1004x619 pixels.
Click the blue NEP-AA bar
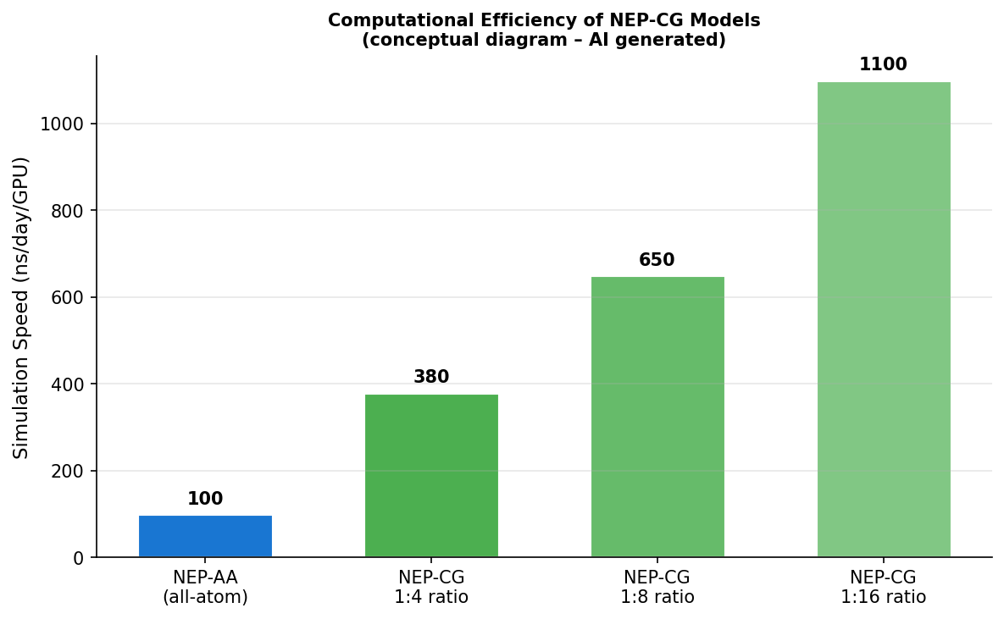205,536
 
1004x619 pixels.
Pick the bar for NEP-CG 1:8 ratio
657,417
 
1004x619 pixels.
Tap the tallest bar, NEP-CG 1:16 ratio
884,319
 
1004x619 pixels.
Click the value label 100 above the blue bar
205,500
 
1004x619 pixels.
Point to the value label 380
431,378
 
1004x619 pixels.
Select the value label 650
657,261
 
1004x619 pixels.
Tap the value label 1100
883,65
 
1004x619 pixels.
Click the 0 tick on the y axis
79,558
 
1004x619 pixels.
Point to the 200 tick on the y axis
68,472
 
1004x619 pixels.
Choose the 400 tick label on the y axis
68,384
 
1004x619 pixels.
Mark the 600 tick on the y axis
68,298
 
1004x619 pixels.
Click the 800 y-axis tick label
68,211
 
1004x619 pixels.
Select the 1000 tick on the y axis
63,124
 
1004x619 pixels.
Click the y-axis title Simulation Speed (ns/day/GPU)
22,307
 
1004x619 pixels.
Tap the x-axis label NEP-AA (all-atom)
205,588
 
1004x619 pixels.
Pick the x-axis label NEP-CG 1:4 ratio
431,588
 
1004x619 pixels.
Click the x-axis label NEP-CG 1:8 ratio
657,588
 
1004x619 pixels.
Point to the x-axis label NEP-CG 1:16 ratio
884,588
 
